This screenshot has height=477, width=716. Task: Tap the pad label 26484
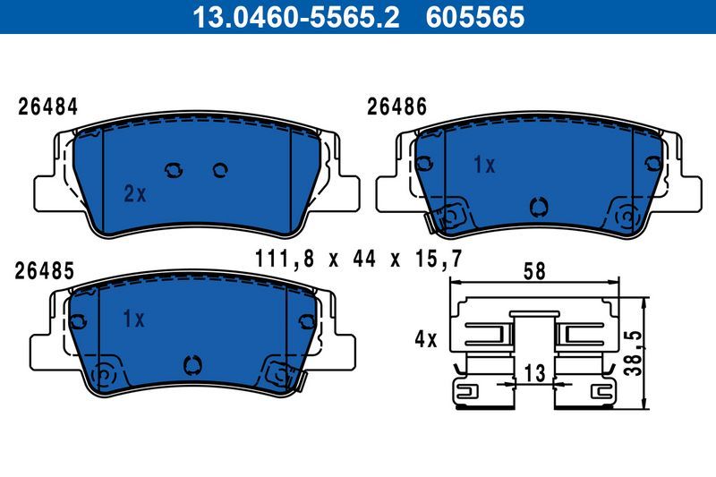48,106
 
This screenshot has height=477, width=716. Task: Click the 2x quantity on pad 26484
134,193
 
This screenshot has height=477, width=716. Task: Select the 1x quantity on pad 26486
484,165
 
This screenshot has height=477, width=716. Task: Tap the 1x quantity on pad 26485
133,318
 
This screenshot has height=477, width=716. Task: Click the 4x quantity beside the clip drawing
424,339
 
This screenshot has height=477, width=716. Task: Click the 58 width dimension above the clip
534,270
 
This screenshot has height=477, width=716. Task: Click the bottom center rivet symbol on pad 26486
538,206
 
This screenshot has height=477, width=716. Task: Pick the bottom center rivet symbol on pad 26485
190,364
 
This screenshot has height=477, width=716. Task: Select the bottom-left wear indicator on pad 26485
104,374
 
